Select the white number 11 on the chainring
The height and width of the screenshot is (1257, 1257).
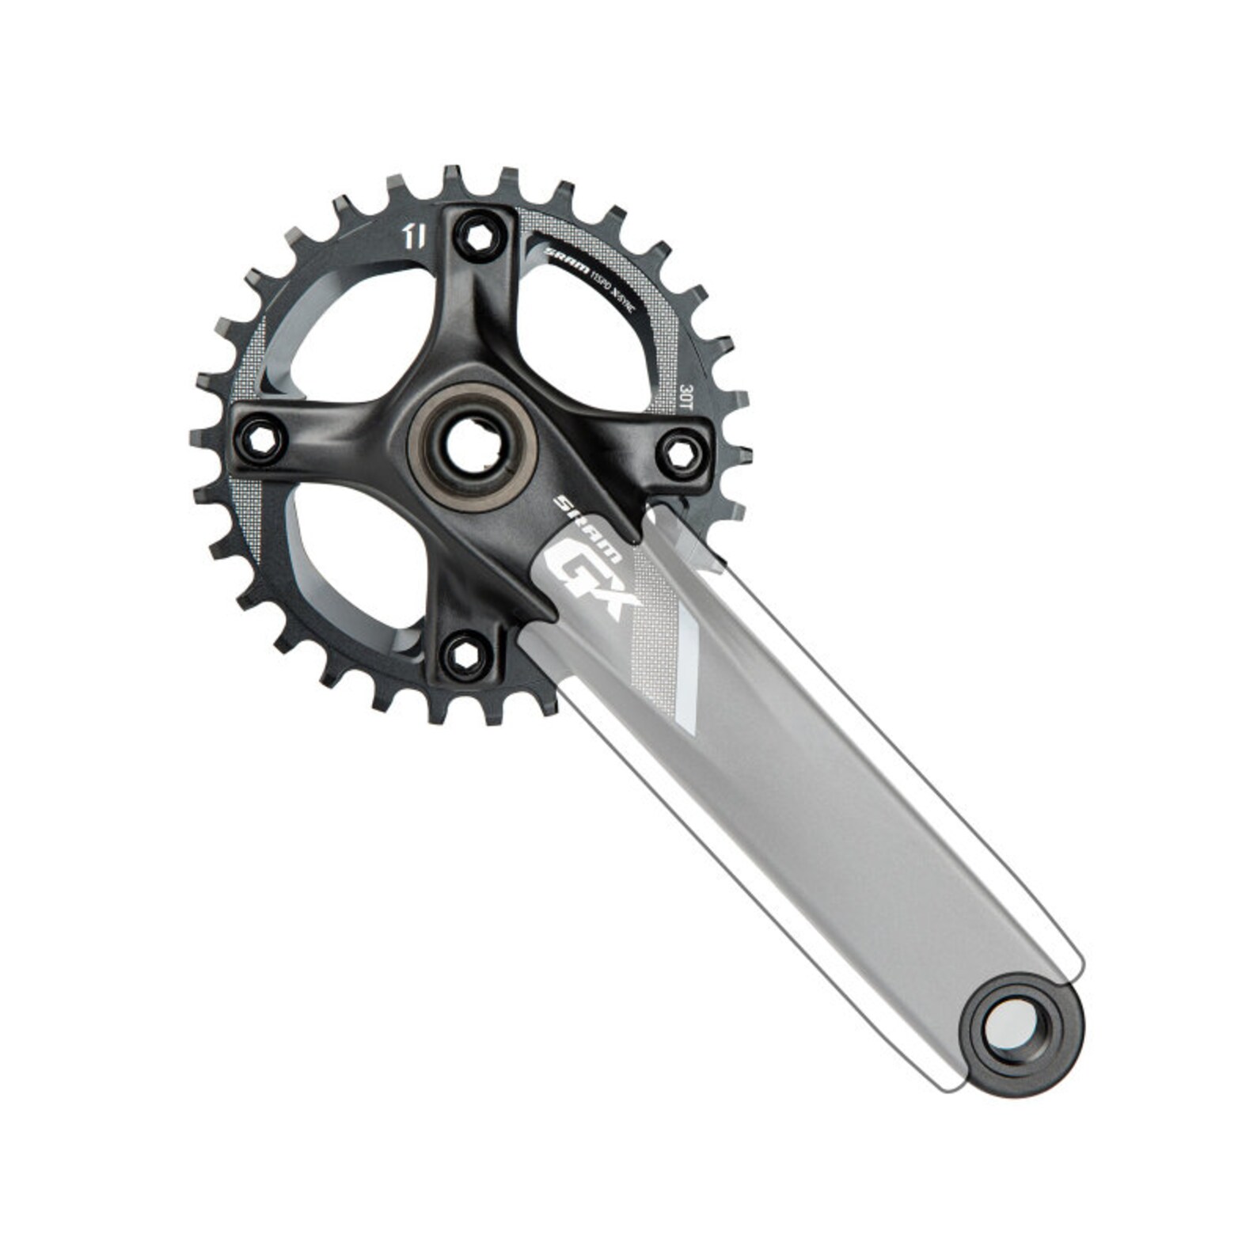(416, 236)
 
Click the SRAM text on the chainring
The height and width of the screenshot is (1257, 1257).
(567, 260)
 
